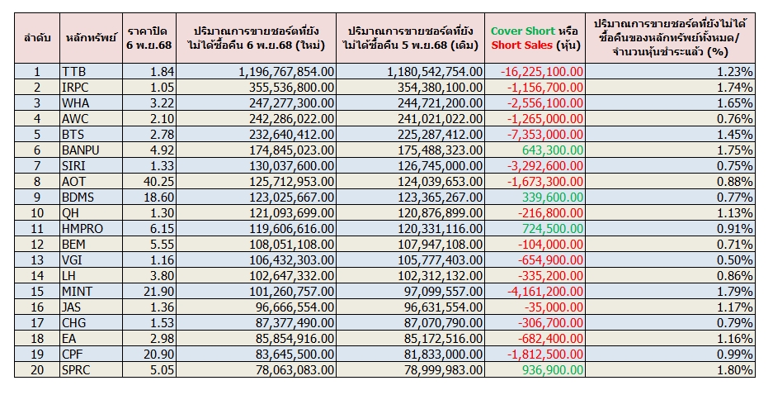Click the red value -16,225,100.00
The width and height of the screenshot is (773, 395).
(543, 73)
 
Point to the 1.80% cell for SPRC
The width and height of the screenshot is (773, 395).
(733, 369)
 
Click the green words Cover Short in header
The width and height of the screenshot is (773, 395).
(522, 31)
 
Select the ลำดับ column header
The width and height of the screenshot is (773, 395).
(37, 37)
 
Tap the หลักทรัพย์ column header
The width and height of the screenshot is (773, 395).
(91, 37)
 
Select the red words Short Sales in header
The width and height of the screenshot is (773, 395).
(522, 45)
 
